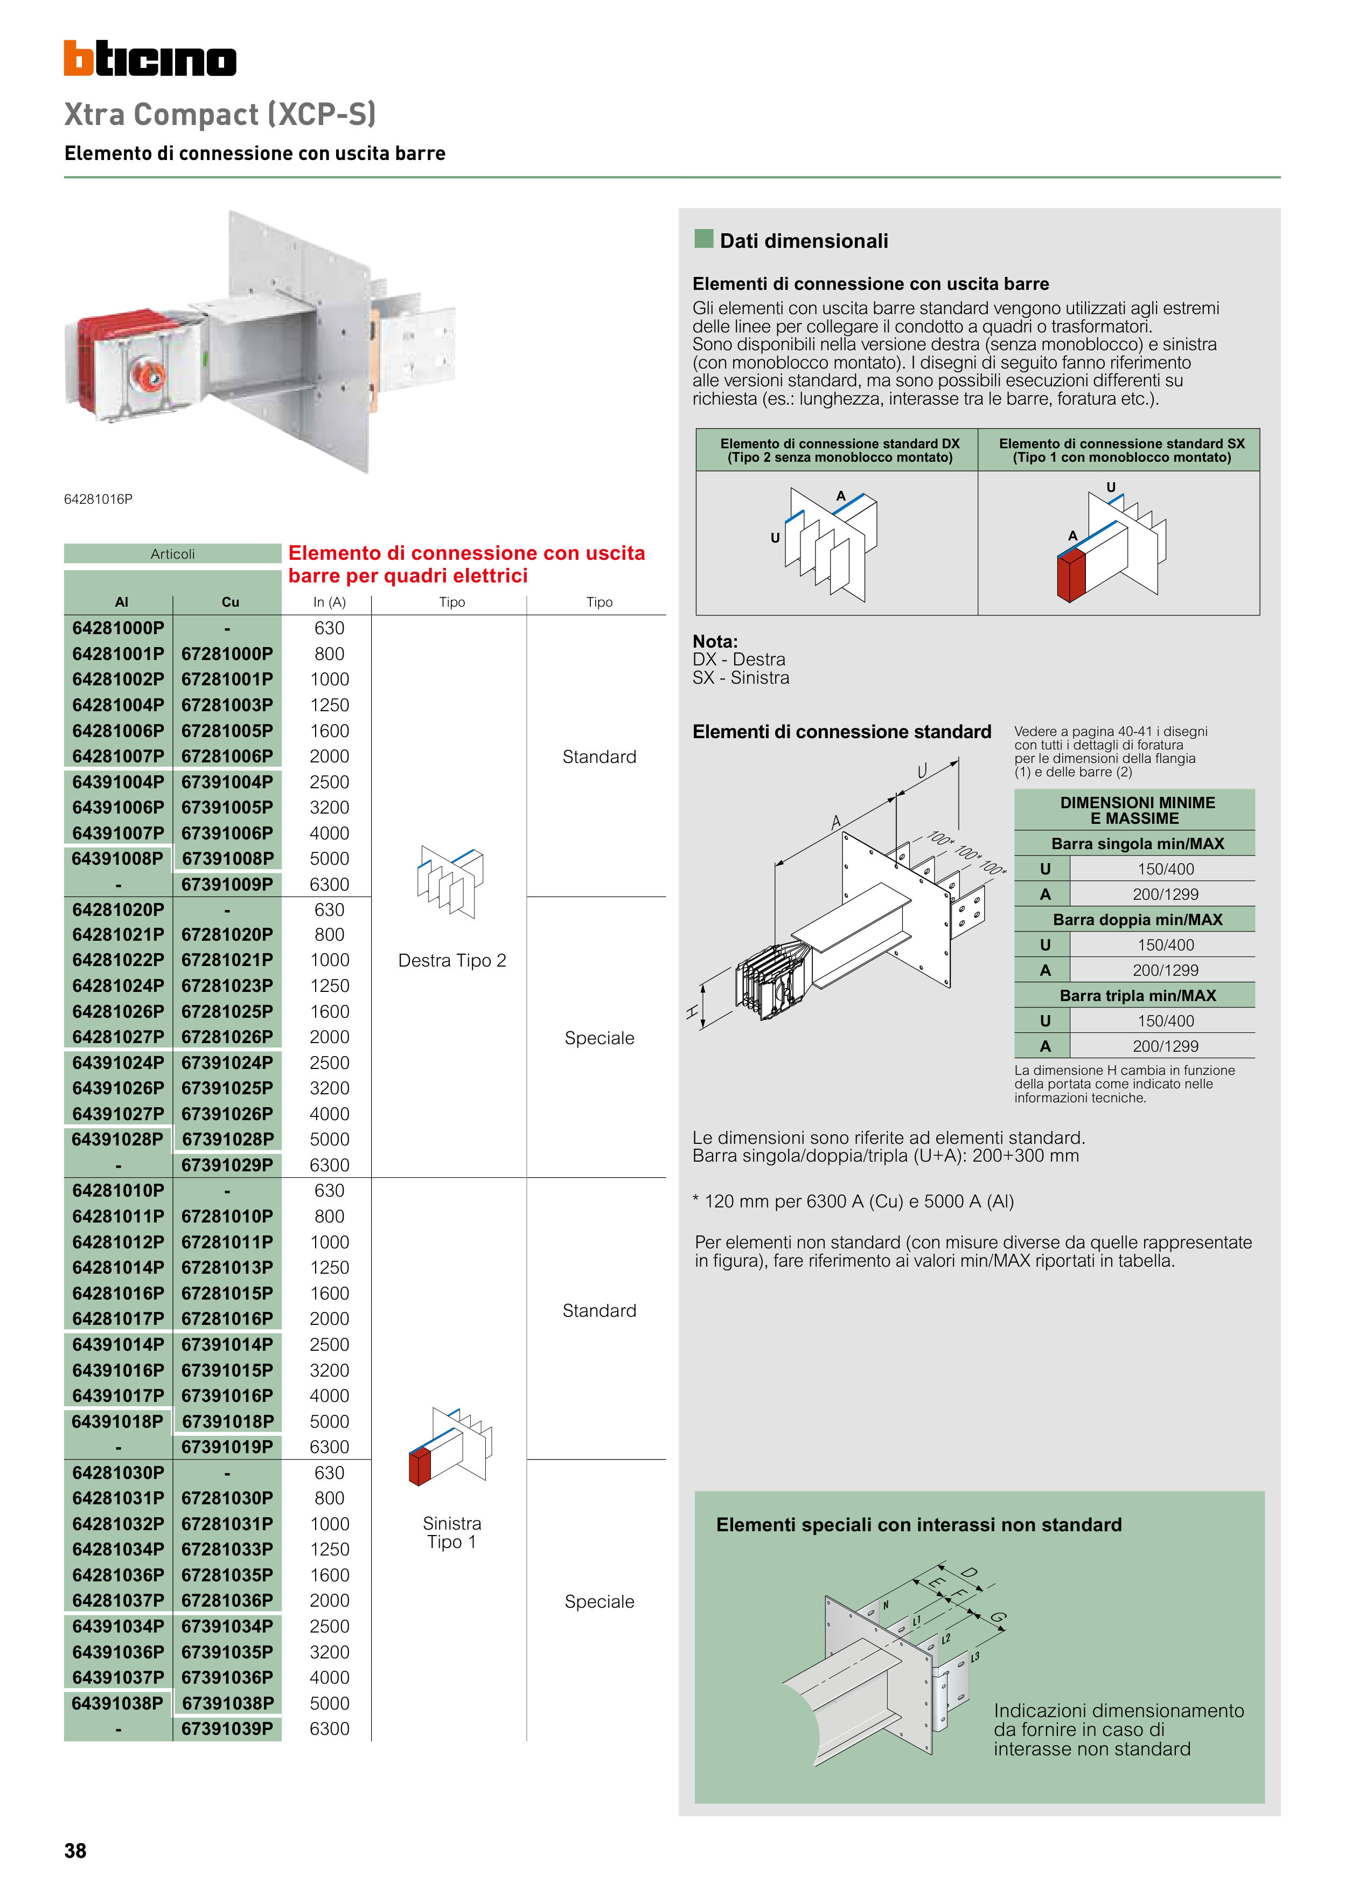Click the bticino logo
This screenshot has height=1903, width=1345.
point(150,59)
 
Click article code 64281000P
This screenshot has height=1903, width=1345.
point(117,628)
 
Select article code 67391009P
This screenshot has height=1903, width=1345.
point(227,884)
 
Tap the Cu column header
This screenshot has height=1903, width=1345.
point(231,602)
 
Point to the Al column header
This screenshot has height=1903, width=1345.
point(122,602)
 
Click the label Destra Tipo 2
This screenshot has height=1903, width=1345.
point(451,961)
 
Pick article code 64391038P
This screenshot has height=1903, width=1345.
point(117,1703)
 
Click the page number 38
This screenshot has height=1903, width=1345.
point(75,1851)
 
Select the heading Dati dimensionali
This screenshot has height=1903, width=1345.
point(803,241)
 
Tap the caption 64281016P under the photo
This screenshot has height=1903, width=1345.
point(98,499)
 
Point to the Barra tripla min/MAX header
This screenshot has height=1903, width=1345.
point(1137,996)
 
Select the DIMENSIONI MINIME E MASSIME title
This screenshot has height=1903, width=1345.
point(1137,810)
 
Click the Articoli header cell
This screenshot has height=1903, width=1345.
point(172,554)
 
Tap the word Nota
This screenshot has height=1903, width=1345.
point(714,642)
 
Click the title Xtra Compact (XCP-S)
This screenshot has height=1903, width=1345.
point(220,114)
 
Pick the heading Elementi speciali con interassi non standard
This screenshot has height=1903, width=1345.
point(918,1525)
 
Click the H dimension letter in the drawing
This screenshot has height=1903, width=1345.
point(692,1011)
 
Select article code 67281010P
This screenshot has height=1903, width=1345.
point(227,1216)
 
